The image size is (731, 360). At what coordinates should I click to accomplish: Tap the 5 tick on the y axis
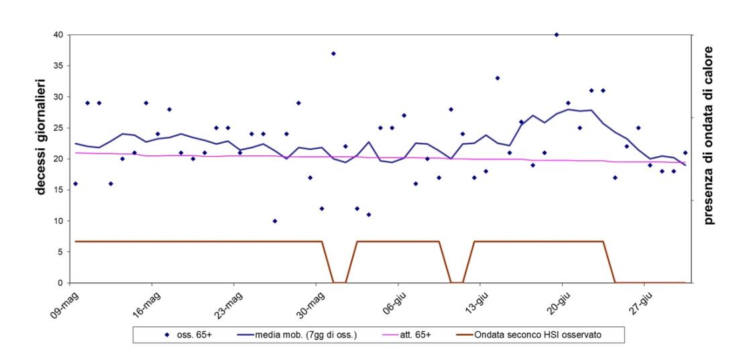click(60, 252)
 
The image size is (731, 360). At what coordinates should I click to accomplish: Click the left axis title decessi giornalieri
click(42, 135)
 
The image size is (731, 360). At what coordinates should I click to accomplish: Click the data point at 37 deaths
click(333, 53)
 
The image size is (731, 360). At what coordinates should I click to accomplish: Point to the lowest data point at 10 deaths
click(275, 221)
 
